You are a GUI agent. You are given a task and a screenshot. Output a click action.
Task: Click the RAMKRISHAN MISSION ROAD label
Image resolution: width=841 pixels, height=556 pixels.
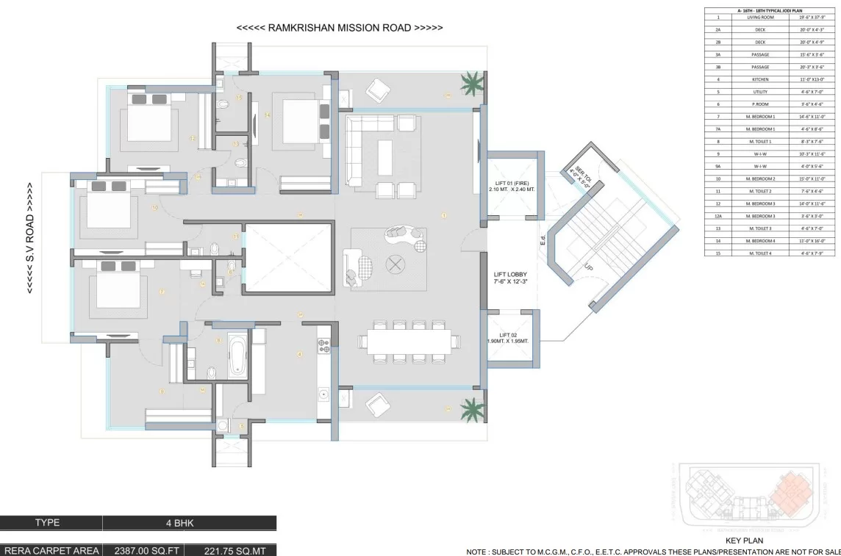click(x=340, y=28)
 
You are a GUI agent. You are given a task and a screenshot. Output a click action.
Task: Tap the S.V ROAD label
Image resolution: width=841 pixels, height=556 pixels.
click(x=30, y=238)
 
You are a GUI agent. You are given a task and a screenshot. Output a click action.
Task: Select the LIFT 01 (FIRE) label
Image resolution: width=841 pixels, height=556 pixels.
click(x=514, y=185)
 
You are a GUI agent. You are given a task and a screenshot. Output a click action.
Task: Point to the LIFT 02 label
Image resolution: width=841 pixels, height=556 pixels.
click(x=512, y=337)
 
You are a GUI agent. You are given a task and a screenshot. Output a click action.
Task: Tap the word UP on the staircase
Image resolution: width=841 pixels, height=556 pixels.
click(x=587, y=270)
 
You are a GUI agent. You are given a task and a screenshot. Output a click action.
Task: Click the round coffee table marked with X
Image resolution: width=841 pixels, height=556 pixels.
click(x=396, y=264)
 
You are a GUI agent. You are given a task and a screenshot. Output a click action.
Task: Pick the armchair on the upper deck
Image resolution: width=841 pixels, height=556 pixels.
click(x=379, y=89)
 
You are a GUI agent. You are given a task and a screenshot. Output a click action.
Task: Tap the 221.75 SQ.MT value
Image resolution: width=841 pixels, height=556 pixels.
click(x=229, y=550)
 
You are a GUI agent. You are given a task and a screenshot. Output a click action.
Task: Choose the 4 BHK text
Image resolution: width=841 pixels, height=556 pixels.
click(x=189, y=523)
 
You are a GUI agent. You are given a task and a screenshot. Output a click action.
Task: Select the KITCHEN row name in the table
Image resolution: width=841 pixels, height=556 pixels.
click(x=760, y=79)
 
